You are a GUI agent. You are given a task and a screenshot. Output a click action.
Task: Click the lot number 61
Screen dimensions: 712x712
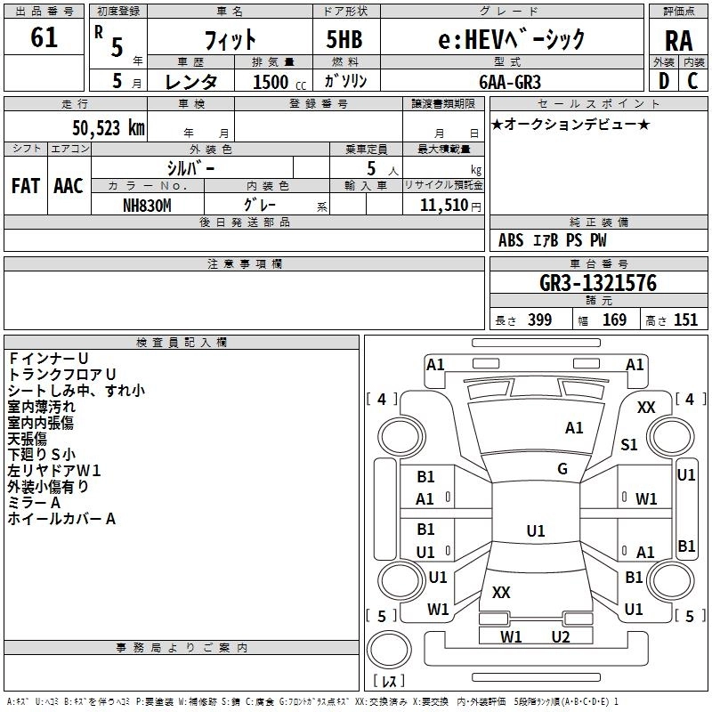click(44, 38)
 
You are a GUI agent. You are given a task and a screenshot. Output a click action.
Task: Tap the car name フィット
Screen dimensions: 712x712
click(230, 39)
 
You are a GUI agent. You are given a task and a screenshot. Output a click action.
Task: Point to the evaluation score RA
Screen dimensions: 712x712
click(678, 41)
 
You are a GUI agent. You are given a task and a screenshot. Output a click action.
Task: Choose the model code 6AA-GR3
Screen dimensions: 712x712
click(509, 82)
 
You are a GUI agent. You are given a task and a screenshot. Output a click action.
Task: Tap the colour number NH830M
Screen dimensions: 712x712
click(148, 205)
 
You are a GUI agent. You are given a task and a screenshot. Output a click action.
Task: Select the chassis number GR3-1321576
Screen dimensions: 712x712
click(598, 283)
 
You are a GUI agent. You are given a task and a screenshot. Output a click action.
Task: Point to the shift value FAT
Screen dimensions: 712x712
click(25, 186)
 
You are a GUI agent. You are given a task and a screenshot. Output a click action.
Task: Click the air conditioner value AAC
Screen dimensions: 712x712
click(69, 186)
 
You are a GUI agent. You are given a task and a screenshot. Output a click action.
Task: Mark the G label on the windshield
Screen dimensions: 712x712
click(562, 469)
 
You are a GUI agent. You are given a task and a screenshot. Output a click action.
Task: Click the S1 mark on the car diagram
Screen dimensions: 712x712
click(628, 445)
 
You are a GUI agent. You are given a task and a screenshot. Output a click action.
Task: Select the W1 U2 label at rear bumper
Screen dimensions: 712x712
click(535, 636)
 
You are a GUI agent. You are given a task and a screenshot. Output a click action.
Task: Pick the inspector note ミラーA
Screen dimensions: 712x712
click(34, 503)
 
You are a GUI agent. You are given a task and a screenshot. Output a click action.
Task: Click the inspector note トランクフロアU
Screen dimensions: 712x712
click(62, 375)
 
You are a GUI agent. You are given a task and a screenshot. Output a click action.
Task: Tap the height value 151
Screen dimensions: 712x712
click(685, 320)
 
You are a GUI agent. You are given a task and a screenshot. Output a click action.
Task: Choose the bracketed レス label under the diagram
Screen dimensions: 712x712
click(388, 681)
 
